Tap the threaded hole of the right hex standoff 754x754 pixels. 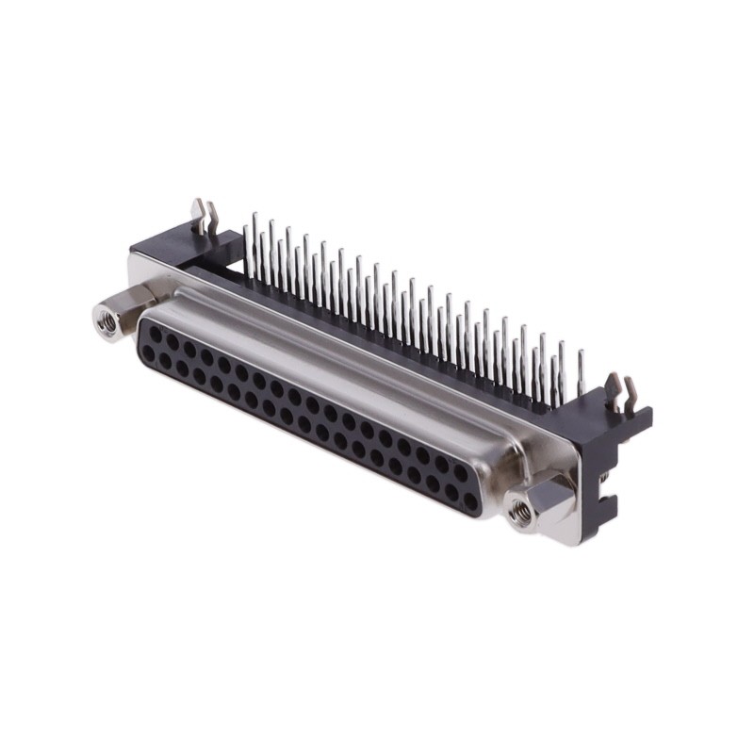click(518, 512)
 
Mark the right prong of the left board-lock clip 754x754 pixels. click(211, 220)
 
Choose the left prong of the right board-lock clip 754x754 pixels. click(613, 387)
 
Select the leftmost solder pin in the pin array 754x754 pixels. click(247, 247)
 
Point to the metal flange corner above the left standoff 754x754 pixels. click(141, 268)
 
